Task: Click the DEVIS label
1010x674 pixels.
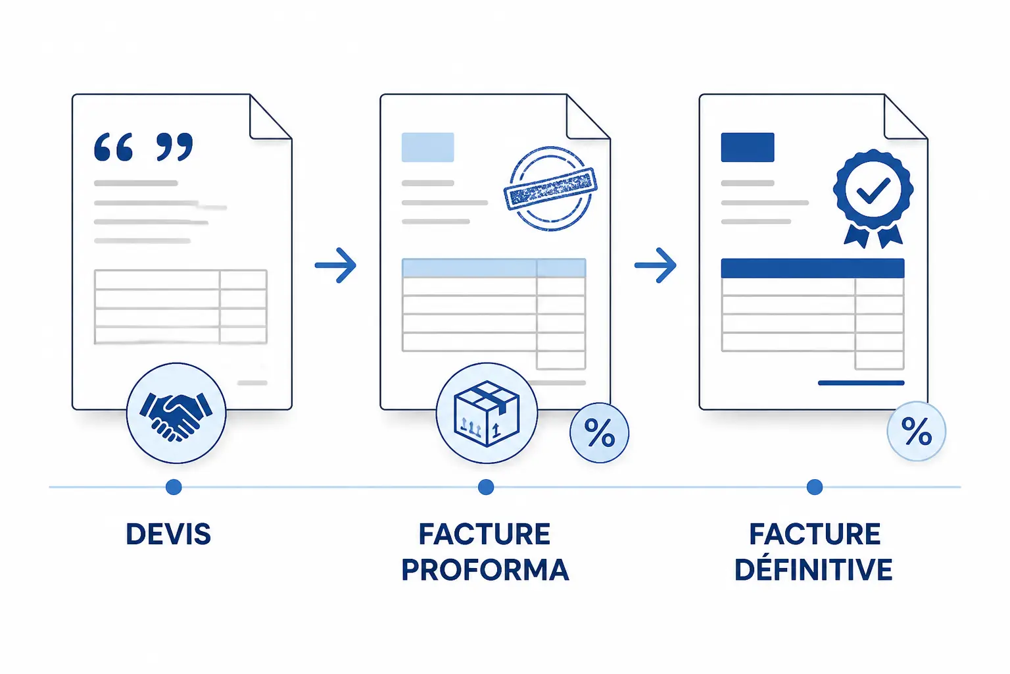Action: [x=168, y=534]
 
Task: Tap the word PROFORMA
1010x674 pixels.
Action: [x=485, y=569]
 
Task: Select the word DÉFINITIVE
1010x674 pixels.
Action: [x=813, y=569]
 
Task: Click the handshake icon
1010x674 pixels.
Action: [x=176, y=416]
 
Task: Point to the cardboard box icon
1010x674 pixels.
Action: [x=487, y=414]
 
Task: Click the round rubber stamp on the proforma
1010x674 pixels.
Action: [x=550, y=188]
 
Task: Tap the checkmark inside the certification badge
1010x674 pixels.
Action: [x=873, y=190]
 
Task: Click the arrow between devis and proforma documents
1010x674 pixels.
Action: [x=335, y=265]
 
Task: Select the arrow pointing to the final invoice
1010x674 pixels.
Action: [x=655, y=265]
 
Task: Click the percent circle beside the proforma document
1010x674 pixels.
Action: [x=599, y=433]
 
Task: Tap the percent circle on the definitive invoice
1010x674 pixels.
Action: [x=916, y=431]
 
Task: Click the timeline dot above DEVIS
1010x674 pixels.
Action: [x=174, y=487]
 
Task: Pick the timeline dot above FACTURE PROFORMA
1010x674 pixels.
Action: [x=486, y=487]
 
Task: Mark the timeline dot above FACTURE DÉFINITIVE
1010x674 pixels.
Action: [x=814, y=487]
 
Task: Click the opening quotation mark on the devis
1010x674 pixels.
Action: [x=113, y=147]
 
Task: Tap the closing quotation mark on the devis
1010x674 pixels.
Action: [x=174, y=147]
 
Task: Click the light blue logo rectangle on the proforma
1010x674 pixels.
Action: [x=427, y=147]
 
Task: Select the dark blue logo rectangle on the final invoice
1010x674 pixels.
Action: [x=748, y=147]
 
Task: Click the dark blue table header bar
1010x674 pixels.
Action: [x=813, y=268]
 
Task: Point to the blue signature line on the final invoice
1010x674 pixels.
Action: [x=861, y=383]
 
